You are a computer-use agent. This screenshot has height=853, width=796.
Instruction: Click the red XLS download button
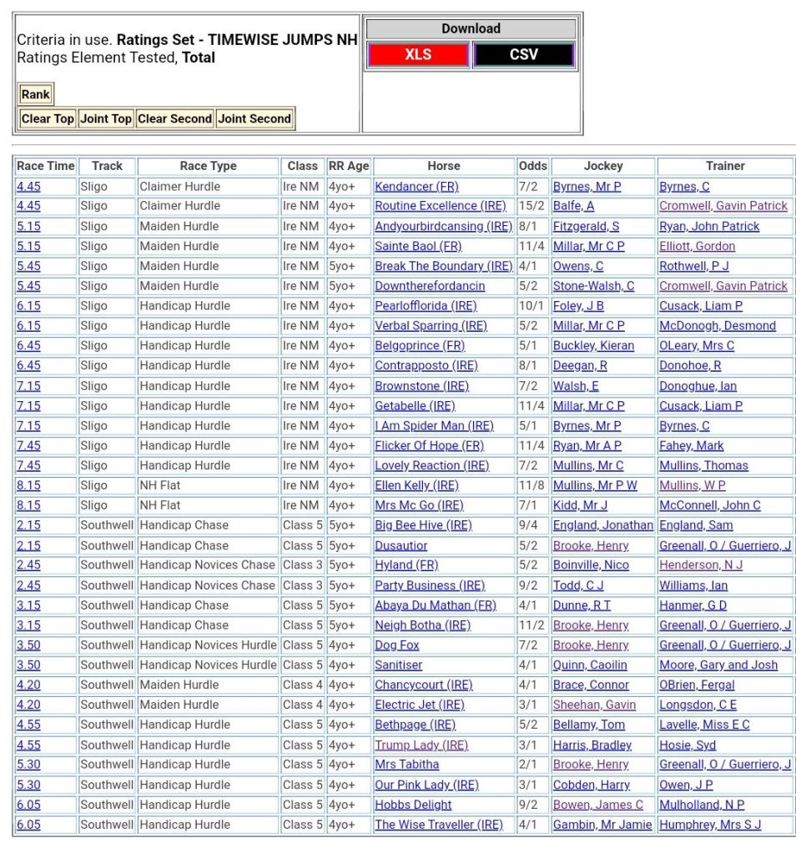click(417, 55)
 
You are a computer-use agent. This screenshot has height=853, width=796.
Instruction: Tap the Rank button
click(36, 94)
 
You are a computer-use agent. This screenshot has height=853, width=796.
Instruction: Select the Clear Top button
click(48, 118)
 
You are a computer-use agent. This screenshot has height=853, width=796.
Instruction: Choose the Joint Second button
click(254, 118)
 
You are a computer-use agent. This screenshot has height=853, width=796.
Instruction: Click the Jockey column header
click(603, 166)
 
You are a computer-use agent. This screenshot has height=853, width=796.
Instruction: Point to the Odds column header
click(532, 166)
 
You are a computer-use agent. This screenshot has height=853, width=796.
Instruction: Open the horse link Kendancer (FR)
click(416, 186)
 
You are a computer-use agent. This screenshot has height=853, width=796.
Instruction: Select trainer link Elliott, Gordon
click(697, 246)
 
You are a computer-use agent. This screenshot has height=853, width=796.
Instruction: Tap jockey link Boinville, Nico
click(591, 564)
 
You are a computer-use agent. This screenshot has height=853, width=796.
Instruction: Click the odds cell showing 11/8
click(532, 485)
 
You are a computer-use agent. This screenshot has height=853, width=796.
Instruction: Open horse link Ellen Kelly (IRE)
click(416, 485)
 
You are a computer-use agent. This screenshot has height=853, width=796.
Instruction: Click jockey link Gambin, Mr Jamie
click(602, 825)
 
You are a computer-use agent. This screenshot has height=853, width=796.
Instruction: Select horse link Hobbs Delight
click(413, 805)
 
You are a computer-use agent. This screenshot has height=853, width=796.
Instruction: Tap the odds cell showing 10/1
click(532, 305)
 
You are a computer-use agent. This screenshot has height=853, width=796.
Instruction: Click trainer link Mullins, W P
click(693, 485)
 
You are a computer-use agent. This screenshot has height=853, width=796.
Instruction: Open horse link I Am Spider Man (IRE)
click(434, 425)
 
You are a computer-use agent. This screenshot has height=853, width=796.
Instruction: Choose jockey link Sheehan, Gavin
click(594, 705)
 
